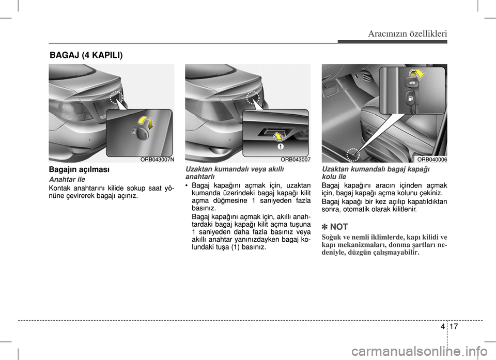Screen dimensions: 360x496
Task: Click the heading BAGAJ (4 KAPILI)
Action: click(x=86, y=54)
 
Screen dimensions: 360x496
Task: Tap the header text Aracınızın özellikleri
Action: click(x=408, y=34)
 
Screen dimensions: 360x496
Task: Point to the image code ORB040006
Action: click(x=432, y=160)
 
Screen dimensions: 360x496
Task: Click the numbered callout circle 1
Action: click(x=280, y=147)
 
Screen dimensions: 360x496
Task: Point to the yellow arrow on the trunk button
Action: click(x=278, y=136)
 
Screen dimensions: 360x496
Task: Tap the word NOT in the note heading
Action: click(x=339, y=227)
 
